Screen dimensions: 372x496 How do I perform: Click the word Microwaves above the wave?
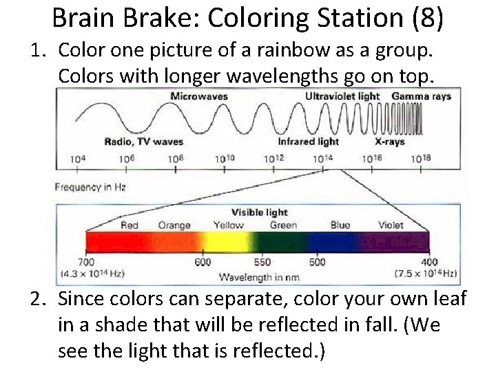[x=199, y=96]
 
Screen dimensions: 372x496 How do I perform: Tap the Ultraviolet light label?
[x=342, y=96]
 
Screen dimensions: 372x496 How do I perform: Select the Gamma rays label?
[x=421, y=96]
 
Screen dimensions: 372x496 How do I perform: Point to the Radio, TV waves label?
[x=143, y=142]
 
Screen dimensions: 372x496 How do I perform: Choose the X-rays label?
[x=389, y=142]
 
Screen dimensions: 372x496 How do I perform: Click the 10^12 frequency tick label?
[x=273, y=158]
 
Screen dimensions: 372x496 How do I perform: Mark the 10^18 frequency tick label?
[x=420, y=158]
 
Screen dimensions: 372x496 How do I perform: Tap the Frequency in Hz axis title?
[x=90, y=187]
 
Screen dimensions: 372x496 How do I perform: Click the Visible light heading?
[x=259, y=212]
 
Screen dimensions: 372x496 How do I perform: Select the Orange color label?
[x=174, y=225]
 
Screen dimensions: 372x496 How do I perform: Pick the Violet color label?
[x=391, y=225]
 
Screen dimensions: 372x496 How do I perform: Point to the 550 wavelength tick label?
[x=262, y=262]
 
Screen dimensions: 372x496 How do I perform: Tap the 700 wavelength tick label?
[x=85, y=262]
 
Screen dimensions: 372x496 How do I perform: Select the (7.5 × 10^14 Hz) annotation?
[x=425, y=273]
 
